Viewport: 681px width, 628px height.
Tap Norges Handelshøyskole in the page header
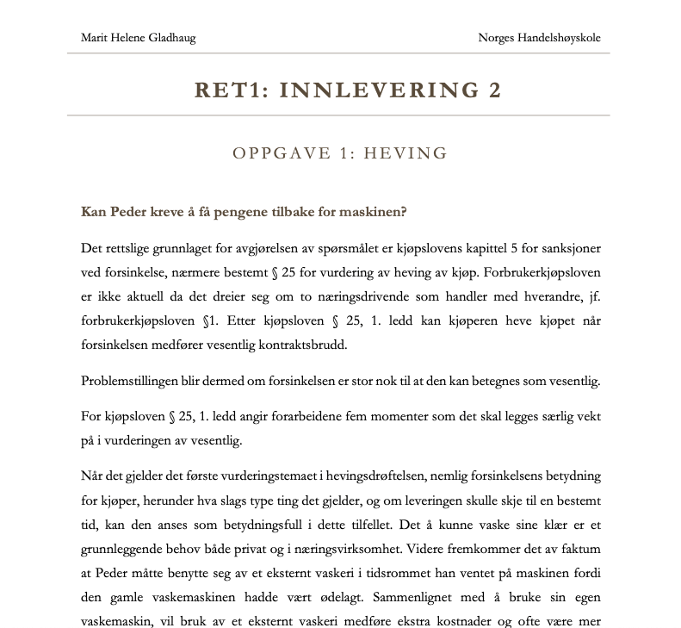[540, 38]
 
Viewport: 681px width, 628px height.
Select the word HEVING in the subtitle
[406, 154]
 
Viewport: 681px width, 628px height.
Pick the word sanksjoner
[568, 249]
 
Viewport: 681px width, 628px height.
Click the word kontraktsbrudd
[298, 345]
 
